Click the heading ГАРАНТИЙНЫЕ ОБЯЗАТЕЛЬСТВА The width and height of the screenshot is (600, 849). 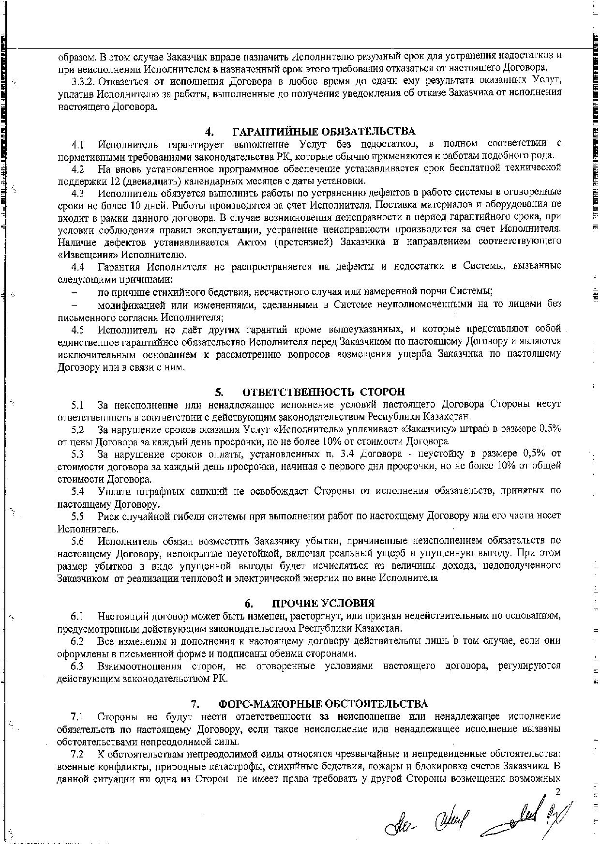pos(324,132)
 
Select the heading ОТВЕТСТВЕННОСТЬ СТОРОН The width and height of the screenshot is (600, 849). pos(324,392)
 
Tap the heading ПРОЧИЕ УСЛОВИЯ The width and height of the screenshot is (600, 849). pos(323,604)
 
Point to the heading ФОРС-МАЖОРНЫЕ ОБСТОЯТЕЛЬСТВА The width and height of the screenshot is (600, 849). pos(323,703)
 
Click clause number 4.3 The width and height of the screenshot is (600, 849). pos(78,194)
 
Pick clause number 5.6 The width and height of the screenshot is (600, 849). pos(77,540)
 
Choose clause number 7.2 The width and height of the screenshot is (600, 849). pos(77,754)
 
